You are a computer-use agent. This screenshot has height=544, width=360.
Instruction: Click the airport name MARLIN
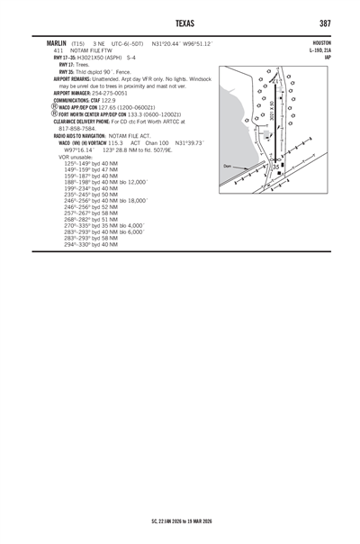46,43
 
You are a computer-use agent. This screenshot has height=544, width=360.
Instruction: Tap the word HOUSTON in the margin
322,43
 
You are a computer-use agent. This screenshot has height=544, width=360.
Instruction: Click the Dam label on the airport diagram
228,167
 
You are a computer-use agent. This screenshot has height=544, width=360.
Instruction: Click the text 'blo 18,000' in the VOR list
126,201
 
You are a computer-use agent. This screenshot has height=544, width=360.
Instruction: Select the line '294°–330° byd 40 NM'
91,244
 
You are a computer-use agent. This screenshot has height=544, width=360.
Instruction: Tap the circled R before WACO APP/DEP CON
55,107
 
